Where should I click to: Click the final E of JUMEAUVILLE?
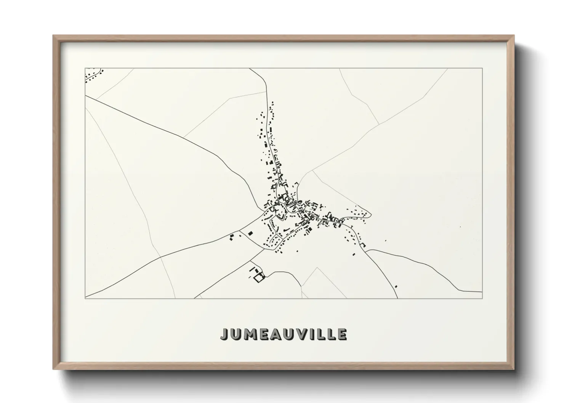pos(342,334)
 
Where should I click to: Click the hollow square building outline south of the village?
pos(259,278)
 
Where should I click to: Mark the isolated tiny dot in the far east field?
pos(460,227)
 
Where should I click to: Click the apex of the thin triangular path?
pos(317,267)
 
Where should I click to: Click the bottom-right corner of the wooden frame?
pos(514,369)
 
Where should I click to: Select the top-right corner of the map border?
pos(482,68)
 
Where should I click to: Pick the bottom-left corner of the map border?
pos(85,298)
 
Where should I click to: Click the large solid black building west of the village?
pos(250,233)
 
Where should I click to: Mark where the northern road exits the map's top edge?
pos(250,69)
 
